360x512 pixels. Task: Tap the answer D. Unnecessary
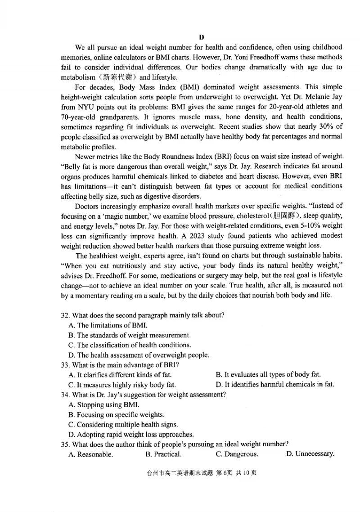310,454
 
